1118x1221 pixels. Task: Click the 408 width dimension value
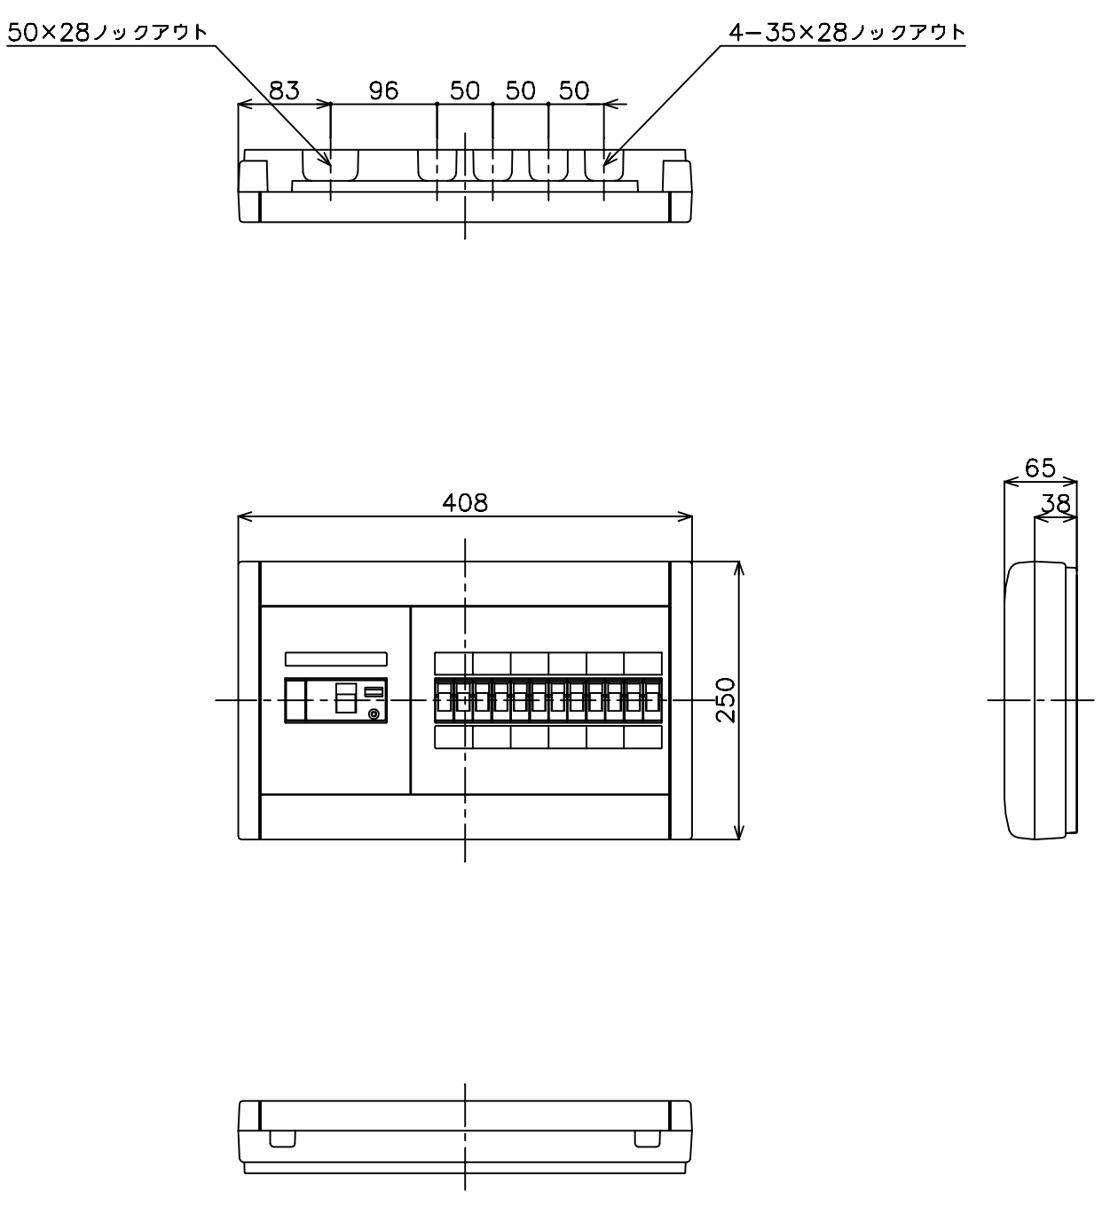465,503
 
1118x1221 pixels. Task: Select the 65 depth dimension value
1039,468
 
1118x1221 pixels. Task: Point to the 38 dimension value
1055,504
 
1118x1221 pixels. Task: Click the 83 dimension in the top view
284,91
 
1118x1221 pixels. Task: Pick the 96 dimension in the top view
383,91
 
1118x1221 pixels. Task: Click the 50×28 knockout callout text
107,32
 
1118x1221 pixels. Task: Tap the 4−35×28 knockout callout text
847,32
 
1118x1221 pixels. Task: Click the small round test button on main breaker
374,714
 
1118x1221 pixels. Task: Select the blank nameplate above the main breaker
336,659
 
